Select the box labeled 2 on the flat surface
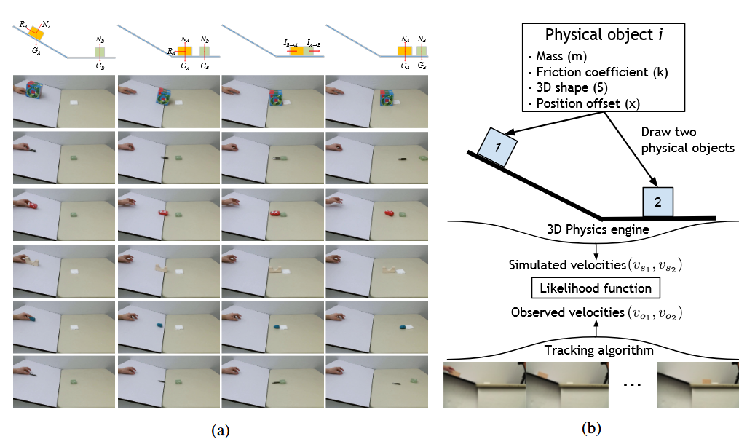click(657, 202)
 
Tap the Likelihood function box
click(596, 288)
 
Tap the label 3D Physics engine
click(596, 230)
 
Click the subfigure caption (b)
click(592, 430)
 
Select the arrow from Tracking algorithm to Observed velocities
click(596, 331)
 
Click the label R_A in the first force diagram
click(24, 25)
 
